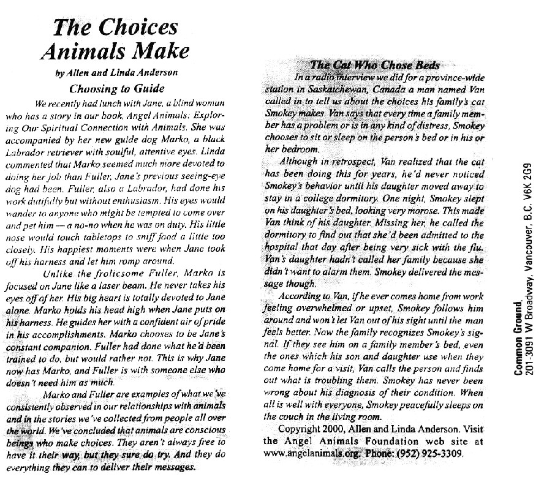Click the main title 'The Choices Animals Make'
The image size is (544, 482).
click(115, 39)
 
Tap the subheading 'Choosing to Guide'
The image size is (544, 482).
click(115, 88)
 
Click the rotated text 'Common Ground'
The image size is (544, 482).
click(518, 342)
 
